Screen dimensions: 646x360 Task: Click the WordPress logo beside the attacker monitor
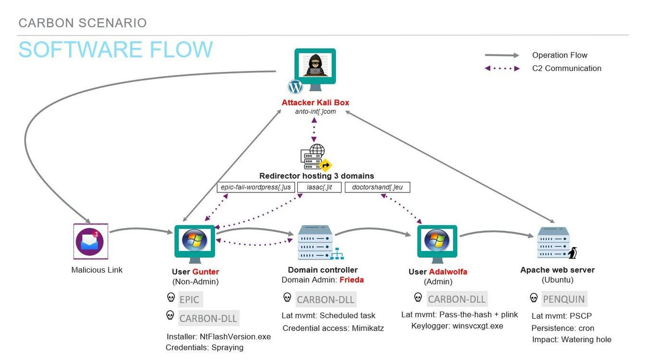(295, 86)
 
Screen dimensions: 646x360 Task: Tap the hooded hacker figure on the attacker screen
(315, 65)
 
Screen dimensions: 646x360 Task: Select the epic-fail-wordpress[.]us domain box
(256, 187)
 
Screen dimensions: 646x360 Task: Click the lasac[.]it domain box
(319, 187)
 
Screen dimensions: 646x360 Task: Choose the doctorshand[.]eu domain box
(377, 187)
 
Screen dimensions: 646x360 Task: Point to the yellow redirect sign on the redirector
(326, 165)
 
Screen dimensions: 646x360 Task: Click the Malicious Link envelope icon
(91, 241)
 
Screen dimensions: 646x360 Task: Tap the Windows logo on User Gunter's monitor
(195, 240)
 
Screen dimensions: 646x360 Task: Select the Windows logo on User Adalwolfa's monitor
(437, 240)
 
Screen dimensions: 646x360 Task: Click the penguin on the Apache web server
(573, 253)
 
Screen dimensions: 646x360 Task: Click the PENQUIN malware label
(564, 299)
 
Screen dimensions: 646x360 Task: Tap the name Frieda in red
(352, 279)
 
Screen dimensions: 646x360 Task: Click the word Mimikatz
(368, 328)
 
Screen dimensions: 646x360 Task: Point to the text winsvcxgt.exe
(478, 326)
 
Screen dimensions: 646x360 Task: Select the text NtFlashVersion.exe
(235, 336)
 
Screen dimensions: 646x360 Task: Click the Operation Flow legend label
(560, 55)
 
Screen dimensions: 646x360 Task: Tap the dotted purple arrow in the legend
(502, 69)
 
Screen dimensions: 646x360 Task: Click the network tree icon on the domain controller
(338, 253)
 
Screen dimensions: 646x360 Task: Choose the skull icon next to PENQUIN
(534, 298)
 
